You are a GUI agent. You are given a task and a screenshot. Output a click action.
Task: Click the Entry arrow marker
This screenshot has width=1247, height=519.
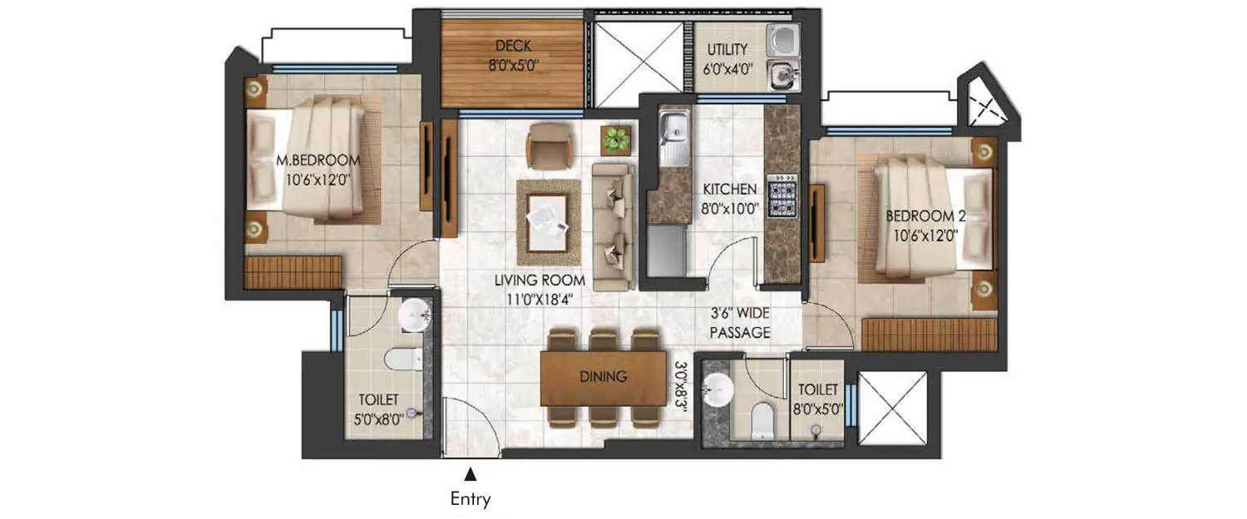click(x=471, y=474)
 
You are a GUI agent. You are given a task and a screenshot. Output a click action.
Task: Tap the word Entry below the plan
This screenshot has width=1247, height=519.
click(x=471, y=499)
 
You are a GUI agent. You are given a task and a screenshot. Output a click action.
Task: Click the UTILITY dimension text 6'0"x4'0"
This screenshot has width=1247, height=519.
click(x=727, y=70)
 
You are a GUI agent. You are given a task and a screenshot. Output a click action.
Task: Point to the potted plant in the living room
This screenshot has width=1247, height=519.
click(x=616, y=139)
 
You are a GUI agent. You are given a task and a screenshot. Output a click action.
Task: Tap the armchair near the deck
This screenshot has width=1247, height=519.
click(x=549, y=145)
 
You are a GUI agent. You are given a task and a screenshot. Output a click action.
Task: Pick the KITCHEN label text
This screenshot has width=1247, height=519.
click(x=727, y=189)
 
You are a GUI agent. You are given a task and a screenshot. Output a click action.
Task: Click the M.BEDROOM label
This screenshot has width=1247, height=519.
click(x=318, y=160)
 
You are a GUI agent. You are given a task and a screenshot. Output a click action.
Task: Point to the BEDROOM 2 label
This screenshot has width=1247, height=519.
click(x=925, y=216)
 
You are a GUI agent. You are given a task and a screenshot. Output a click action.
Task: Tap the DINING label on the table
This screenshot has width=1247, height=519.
click(x=604, y=377)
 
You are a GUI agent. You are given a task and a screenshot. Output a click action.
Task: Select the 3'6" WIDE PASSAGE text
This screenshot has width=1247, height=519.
click(x=740, y=324)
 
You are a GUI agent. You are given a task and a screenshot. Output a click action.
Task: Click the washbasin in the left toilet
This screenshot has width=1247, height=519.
click(x=412, y=315)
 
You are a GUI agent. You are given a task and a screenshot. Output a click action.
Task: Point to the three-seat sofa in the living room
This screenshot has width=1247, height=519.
click(x=613, y=226)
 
